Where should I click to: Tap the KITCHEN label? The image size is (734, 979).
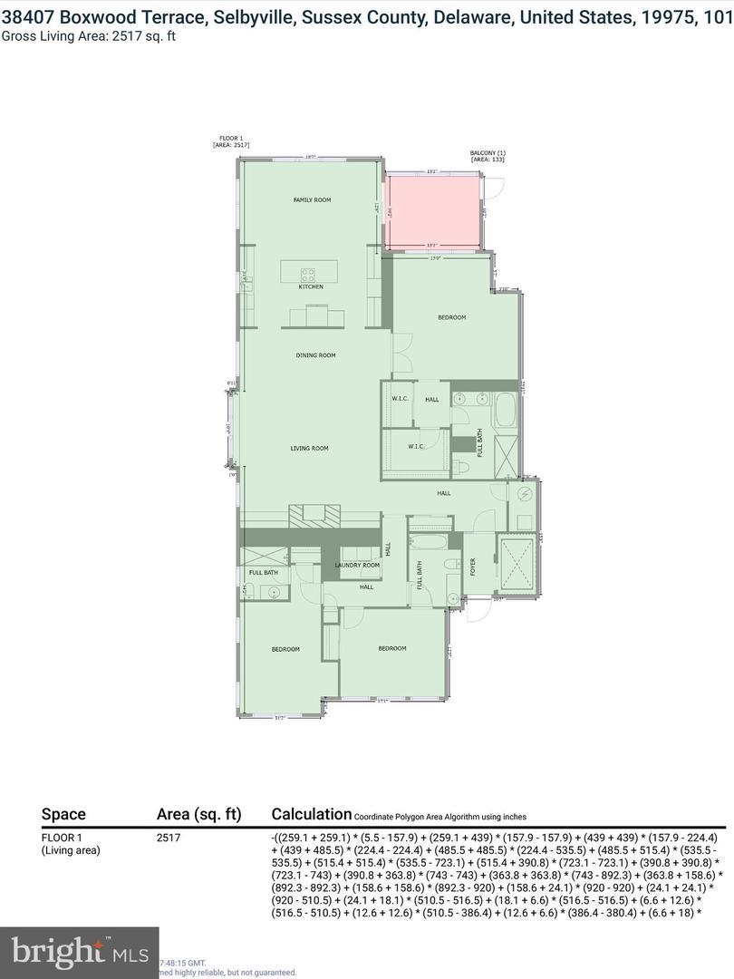pos(311,287)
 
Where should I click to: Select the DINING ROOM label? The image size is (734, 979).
pos(315,355)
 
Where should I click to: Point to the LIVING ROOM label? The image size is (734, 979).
pos(309,448)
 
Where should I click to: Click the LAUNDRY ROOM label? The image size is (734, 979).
pos(356,565)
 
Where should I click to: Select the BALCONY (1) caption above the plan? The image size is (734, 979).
pos(487,156)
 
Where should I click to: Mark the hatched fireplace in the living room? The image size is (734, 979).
pos(313,515)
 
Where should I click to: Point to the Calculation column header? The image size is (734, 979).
pos(311,814)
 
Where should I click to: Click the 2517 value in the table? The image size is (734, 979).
pos(169,838)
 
